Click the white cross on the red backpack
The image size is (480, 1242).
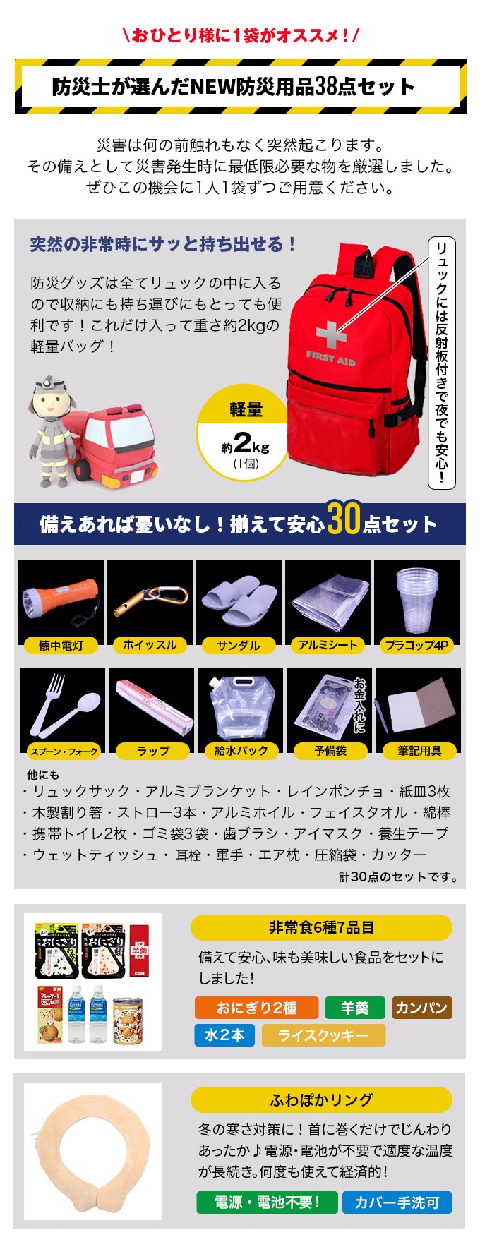pyautogui.click(x=331, y=334)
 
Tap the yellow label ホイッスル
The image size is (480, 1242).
pyautogui.click(x=150, y=645)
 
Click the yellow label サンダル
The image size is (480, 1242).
pyautogui.click(x=239, y=645)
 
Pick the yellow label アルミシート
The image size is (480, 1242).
pyautogui.click(x=328, y=645)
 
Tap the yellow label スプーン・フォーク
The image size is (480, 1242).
pyautogui.click(x=64, y=752)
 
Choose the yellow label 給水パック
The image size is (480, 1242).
pyautogui.click(x=241, y=752)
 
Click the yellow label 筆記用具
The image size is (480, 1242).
pyautogui.click(x=419, y=752)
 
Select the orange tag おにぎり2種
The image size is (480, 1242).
pyautogui.click(x=256, y=1008)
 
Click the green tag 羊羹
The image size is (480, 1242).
pyautogui.click(x=355, y=1008)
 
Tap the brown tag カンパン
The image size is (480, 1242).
pyautogui.click(x=421, y=1008)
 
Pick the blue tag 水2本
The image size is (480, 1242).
pyautogui.click(x=224, y=1035)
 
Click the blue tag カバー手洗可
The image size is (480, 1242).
pyautogui.click(x=397, y=1202)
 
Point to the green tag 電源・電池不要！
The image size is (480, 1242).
pyautogui.click(x=268, y=1202)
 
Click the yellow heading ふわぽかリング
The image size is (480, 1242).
pyautogui.click(x=321, y=1100)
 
